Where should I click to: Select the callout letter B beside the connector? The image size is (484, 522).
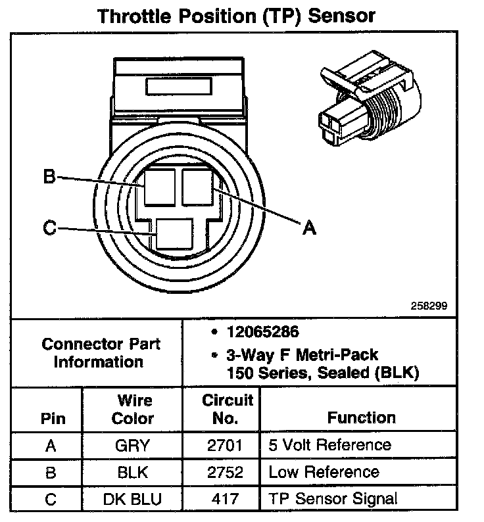(x=49, y=177)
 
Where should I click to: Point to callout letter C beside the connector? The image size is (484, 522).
(x=49, y=228)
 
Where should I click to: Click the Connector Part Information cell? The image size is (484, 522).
(x=101, y=352)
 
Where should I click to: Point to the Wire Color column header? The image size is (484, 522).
(x=132, y=409)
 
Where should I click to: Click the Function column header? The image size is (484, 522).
(x=361, y=417)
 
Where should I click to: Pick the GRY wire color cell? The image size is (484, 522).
(x=132, y=446)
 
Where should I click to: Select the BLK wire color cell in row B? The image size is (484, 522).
(x=132, y=472)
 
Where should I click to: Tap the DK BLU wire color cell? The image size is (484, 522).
(x=132, y=499)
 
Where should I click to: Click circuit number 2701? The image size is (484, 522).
(x=226, y=446)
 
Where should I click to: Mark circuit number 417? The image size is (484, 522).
(x=226, y=499)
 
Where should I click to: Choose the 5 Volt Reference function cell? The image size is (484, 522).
(x=329, y=446)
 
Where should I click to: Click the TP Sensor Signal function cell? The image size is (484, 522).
(x=333, y=499)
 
